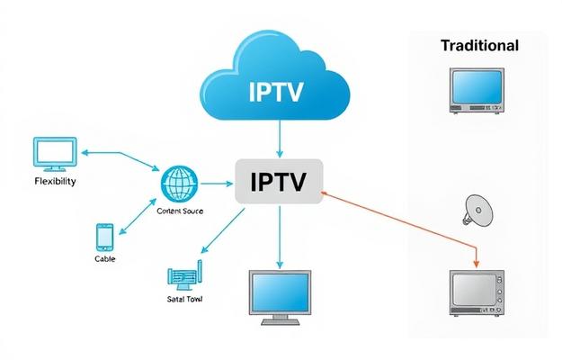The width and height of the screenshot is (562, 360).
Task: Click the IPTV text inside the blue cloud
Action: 281,92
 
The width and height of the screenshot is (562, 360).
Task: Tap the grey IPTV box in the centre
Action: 279,183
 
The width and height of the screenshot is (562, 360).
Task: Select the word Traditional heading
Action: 479,45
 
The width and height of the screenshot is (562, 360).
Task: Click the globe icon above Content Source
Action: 179,184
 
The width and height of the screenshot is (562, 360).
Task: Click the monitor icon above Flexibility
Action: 54,153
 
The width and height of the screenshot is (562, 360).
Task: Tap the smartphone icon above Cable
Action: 104,238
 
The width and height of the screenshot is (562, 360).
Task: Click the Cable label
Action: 104,259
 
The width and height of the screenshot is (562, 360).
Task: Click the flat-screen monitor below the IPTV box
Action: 280,292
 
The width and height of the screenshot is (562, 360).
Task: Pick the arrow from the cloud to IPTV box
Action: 280,139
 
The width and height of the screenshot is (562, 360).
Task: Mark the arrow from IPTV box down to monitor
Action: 280,236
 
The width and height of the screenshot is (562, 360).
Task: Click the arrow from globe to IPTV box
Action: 216,184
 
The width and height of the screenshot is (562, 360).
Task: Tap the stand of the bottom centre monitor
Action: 280,319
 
